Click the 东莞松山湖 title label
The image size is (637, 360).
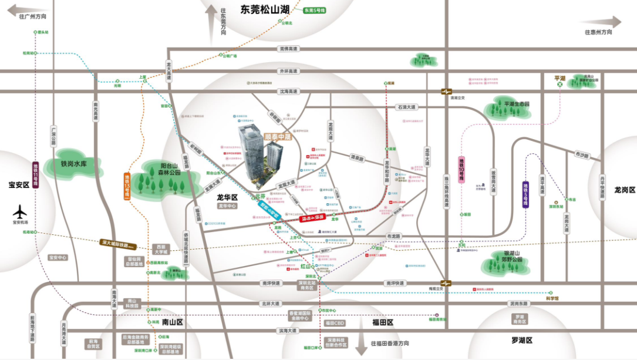point(265,9)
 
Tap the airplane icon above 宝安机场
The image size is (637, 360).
point(21,210)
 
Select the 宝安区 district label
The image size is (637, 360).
point(18,184)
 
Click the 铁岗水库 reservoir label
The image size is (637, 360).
point(73,164)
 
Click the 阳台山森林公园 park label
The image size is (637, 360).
point(162,169)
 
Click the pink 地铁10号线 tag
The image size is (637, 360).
point(462,170)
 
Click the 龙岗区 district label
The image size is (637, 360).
point(625,190)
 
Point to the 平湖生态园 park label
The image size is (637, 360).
point(517,104)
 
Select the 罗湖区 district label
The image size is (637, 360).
point(521,340)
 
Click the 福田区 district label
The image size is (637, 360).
point(382,322)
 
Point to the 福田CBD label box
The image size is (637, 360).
point(335,322)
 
